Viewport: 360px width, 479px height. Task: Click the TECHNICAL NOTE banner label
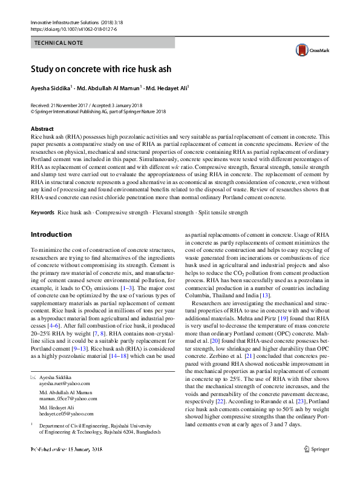pyautogui.click(x=59, y=43)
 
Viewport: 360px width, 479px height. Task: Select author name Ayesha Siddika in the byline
pyautogui.click(x=50, y=88)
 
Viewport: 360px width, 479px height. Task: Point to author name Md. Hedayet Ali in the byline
pyautogui.click(x=167, y=88)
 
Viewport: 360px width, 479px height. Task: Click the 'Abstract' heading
pyautogui.click(x=42, y=129)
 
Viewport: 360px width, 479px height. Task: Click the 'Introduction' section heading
pyautogui.click(x=51, y=234)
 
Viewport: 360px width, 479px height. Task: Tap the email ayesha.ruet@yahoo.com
pyautogui.click(x=65, y=383)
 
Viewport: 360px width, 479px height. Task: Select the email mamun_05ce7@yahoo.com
pyautogui.click(x=68, y=398)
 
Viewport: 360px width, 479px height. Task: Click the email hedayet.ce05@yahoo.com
pyautogui.click(x=67, y=414)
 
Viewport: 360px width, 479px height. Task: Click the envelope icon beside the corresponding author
pyautogui.click(x=33, y=377)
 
